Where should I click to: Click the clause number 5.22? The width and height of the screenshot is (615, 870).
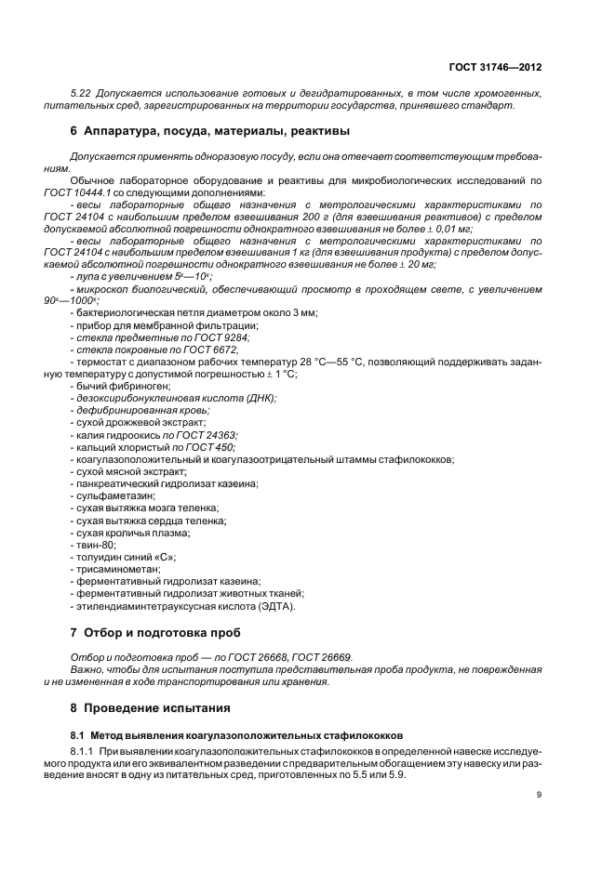82,93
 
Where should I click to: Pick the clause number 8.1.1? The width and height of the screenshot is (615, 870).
85,748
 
